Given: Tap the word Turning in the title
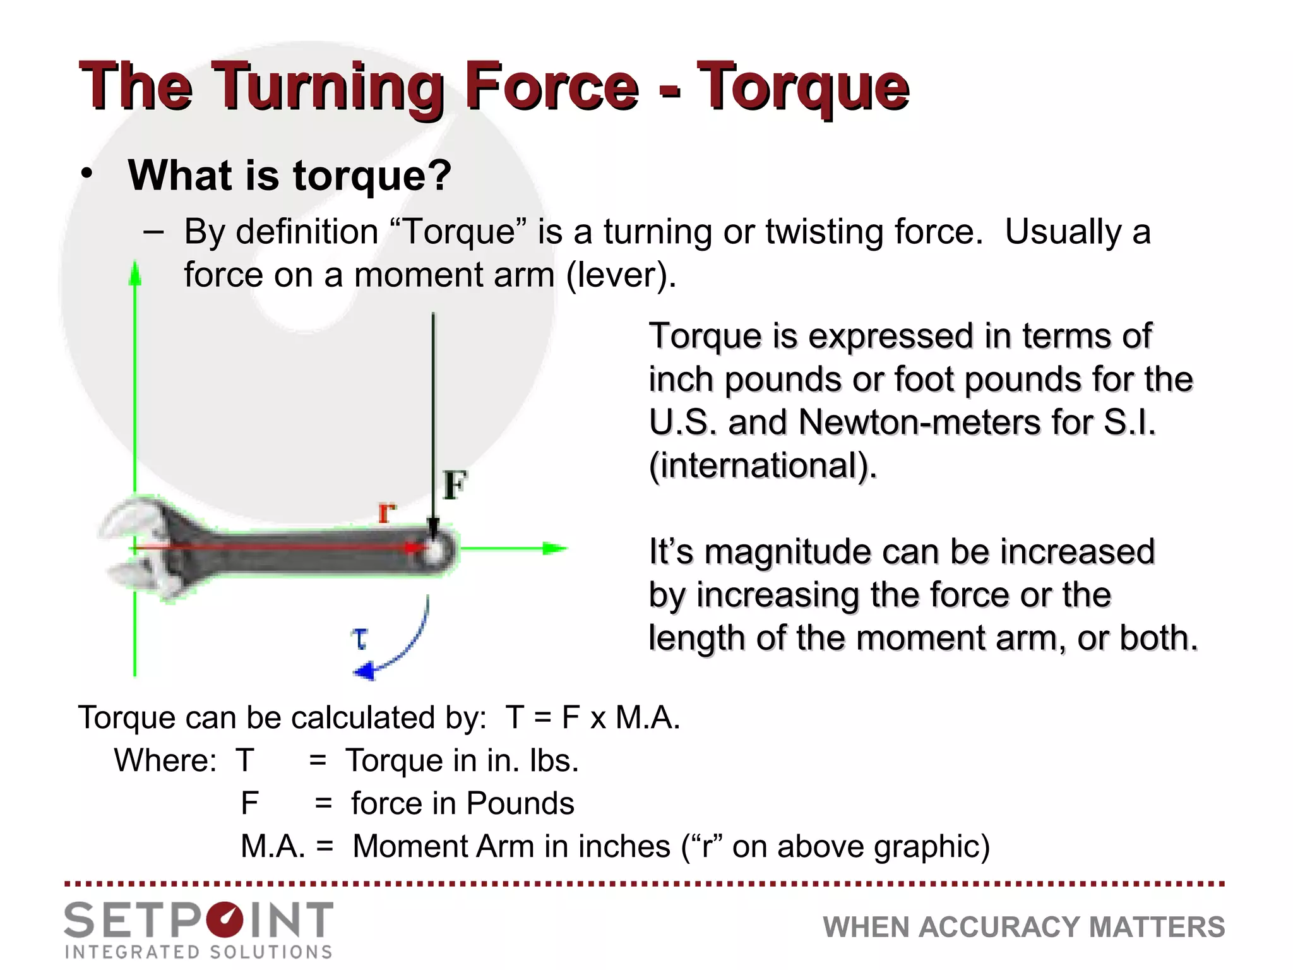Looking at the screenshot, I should tap(327, 88).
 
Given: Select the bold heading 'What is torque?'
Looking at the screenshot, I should tap(289, 175).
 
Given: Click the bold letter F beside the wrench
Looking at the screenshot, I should tap(455, 485).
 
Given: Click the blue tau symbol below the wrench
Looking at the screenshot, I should tap(360, 638).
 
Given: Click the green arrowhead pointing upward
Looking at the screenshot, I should tap(134, 275).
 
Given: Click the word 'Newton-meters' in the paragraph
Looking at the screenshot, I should tap(919, 422).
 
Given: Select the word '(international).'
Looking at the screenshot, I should tap(763, 465).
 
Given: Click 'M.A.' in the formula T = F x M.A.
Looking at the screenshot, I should tap(648, 717).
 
